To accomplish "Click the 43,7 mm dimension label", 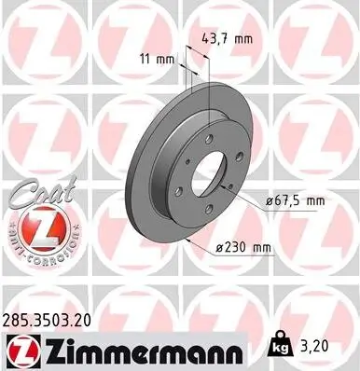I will click(x=228, y=39).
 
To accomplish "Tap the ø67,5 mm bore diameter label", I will click(x=295, y=199).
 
